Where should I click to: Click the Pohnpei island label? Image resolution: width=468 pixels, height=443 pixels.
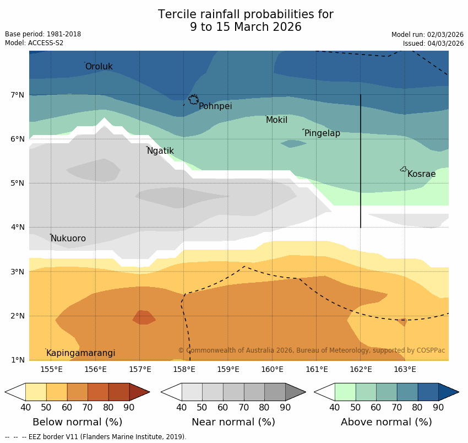click(x=215, y=106)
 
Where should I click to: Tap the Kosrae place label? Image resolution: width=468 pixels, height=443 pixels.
click(x=421, y=174)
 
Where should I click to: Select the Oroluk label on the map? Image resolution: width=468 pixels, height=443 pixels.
click(x=99, y=67)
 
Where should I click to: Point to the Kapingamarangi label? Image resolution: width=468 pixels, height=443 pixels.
click(x=80, y=353)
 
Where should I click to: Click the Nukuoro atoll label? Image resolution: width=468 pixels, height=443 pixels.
click(x=68, y=239)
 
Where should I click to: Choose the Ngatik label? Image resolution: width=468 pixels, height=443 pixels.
click(x=160, y=151)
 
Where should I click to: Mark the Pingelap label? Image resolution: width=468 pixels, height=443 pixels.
click(x=322, y=133)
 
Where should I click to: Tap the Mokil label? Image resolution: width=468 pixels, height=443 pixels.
click(x=276, y=120)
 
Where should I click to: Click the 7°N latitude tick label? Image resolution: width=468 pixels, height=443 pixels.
click(x=18, y=95)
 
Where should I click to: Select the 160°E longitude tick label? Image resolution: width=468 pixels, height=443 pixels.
click(x=272, y=369)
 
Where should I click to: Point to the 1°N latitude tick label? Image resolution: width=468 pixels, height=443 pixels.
click(x=18, y=360)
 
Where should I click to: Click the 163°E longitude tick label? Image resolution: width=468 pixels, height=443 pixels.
click(x=405, y=369)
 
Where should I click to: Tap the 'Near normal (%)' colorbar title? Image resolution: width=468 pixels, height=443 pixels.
click(x=233, y=422)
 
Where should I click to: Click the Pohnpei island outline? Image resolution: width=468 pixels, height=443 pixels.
click(x=193, y=100)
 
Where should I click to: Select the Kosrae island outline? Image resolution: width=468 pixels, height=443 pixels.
click(x=403, y=169)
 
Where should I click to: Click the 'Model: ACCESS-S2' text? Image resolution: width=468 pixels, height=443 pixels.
click(x=34, y=43)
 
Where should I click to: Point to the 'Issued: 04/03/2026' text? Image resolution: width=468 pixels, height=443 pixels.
click(x=433, y=44)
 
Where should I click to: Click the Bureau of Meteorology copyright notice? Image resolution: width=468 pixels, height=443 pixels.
click(x=311, y=350)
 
